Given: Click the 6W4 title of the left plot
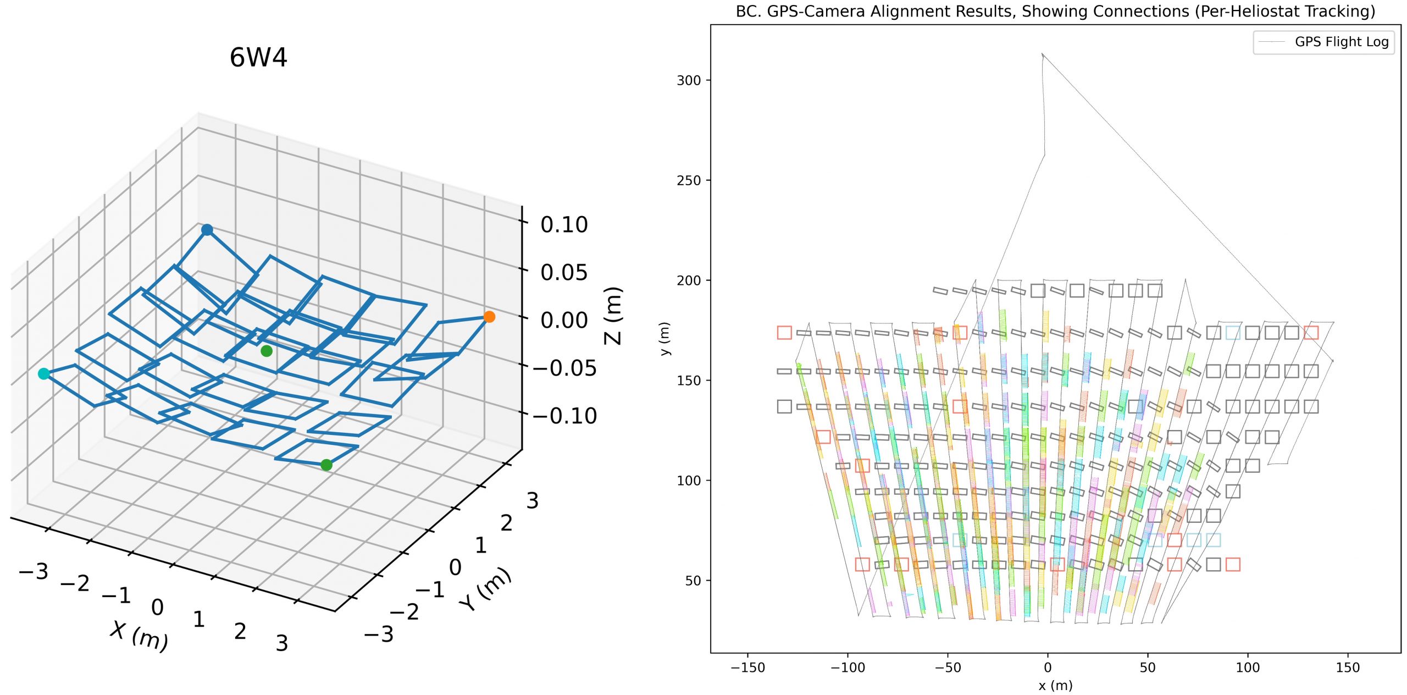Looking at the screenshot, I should tap(258, 58).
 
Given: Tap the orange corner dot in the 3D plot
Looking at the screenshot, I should tap(489, 317).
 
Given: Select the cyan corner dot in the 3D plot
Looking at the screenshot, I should tap(43, 374).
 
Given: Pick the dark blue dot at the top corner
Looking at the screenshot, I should tap(207, 230).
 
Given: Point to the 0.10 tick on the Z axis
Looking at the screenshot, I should tap(564, 224).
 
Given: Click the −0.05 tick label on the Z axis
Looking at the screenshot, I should tap(564, 368).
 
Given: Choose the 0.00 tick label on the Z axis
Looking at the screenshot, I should tap(564, 320).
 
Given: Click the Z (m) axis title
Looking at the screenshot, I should tap(613, 316).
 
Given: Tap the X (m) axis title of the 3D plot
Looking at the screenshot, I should tap(139, 636).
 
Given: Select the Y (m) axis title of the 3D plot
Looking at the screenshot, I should tap(486, 588).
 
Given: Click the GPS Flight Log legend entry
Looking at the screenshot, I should tap(1341, 42).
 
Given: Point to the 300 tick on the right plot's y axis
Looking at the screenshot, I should tap(689, 80).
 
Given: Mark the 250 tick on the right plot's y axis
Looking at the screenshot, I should tap(689, 180).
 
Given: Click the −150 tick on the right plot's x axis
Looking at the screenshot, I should tap(747, 668).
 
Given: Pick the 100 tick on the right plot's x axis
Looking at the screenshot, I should tap(1248, 668).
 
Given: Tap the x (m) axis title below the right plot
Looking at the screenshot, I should tap(1055, 686).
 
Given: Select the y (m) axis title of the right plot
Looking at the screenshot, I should tap(665, 339).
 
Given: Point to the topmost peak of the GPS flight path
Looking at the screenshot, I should tap(1042, 54).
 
